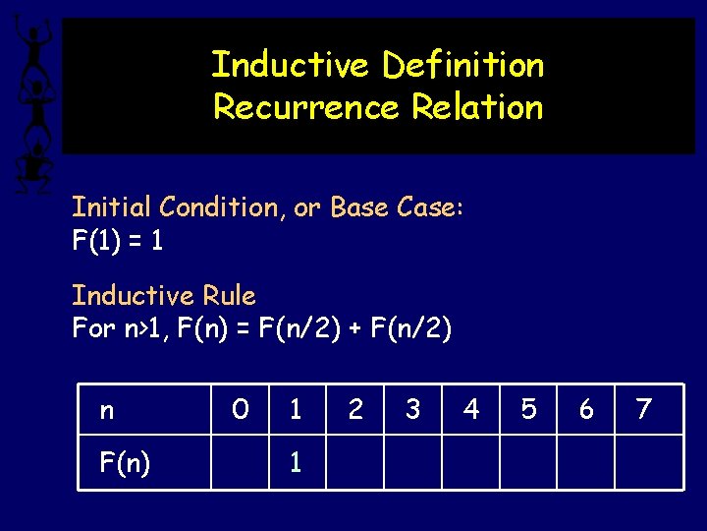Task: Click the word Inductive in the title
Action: [x=292, y=65]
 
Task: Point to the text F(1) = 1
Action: [x=118, y=240]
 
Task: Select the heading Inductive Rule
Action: [x=163, y=295]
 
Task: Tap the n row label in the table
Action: [x=106, y=409]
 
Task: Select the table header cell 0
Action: [x=240, y=409]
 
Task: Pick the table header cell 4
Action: [x=470, y=409]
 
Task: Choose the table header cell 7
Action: [x=644, y=409]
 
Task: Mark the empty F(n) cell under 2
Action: [x=354, y=462]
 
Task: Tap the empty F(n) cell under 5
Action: [x=528, y=462]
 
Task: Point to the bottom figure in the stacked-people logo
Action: [x=35, y=162]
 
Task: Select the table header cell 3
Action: [x=412, y=409]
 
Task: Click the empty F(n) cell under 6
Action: [x=586, y=462]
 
